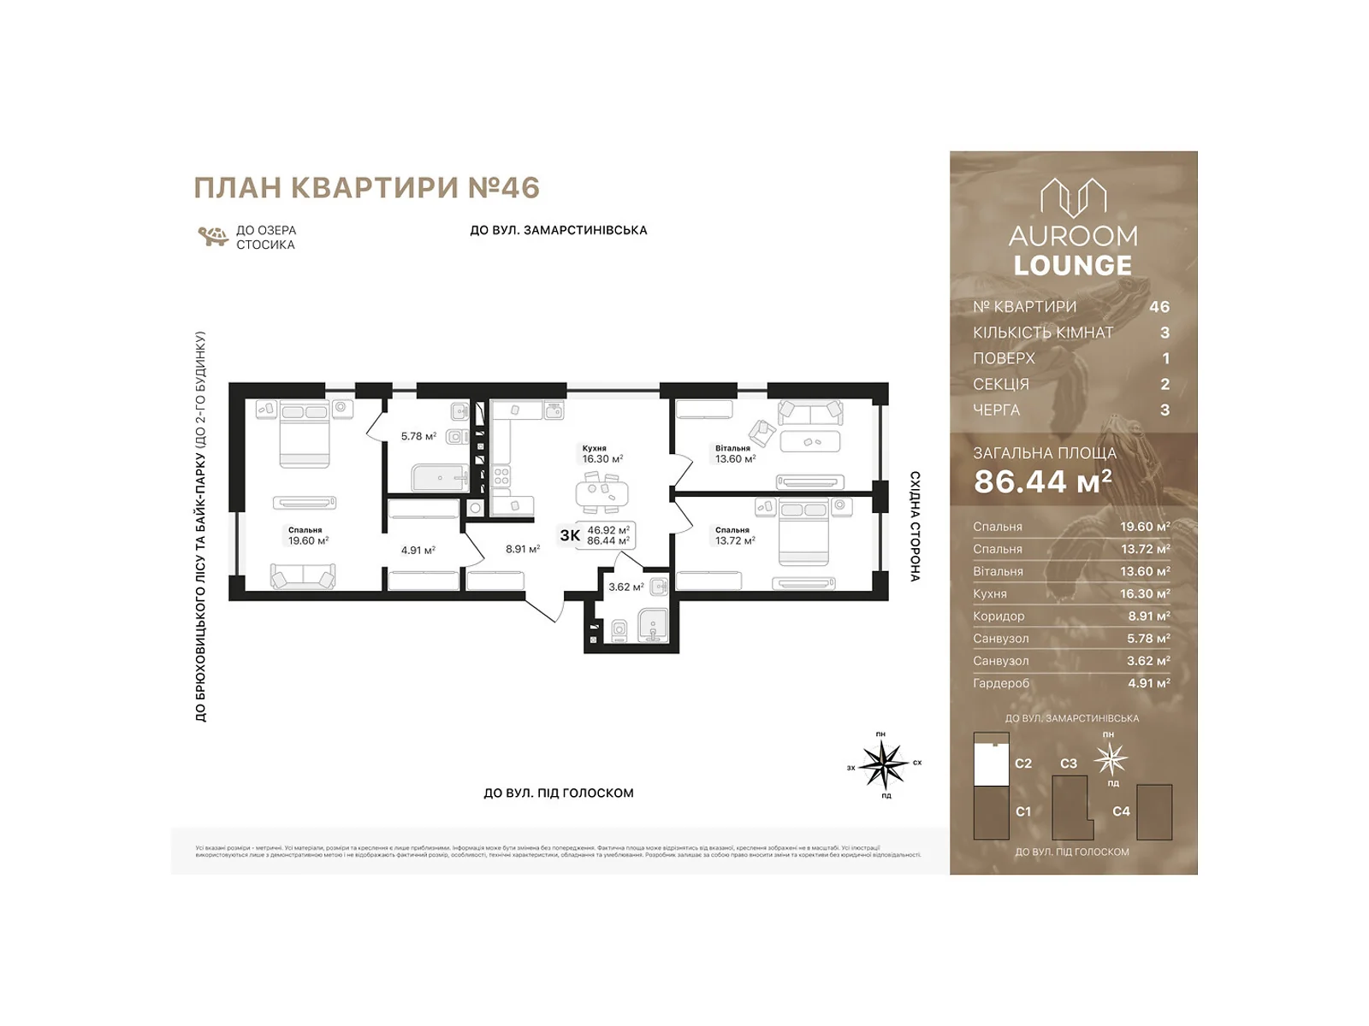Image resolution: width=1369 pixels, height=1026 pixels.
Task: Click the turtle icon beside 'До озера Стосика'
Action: [x=212, y=236]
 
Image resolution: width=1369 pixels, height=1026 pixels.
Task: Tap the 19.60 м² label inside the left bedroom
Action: [x=308, y=540]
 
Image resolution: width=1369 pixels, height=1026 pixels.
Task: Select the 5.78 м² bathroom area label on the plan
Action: [x=418, y=436]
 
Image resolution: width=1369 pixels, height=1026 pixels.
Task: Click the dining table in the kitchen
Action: [x=602, y=494]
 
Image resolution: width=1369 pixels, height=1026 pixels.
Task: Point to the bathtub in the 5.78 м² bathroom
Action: [x=439, y=478]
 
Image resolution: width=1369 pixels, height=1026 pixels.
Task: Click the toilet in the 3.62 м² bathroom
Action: [x=619, y=631]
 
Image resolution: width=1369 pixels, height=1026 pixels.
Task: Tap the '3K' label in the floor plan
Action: [x=570, y=536]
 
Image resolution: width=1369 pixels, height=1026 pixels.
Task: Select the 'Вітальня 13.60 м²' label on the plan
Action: [x=735, y=454]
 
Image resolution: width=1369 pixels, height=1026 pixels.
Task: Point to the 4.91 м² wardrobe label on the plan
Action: [x=418, y=551]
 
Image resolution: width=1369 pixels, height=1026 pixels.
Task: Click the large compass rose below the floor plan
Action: [x=883, y=764]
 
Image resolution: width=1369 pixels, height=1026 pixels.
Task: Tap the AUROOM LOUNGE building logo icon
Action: [x=1073, y=198]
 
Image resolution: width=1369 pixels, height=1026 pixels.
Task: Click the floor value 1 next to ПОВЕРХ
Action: [x=1165, y=358]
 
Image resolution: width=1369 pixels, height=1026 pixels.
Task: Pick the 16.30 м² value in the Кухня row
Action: [x=1145, y=593]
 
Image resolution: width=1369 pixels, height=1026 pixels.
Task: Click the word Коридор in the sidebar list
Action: [x=998, y=616]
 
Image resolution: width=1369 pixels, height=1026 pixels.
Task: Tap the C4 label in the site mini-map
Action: [x=1121, y=811]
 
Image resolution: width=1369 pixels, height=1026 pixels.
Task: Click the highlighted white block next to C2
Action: [x=991, y=764]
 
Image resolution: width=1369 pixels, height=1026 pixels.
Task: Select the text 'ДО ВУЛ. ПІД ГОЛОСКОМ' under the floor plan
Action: [x=558, y=793]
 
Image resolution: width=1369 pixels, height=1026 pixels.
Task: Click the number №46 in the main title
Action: [x=504, y=188]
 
